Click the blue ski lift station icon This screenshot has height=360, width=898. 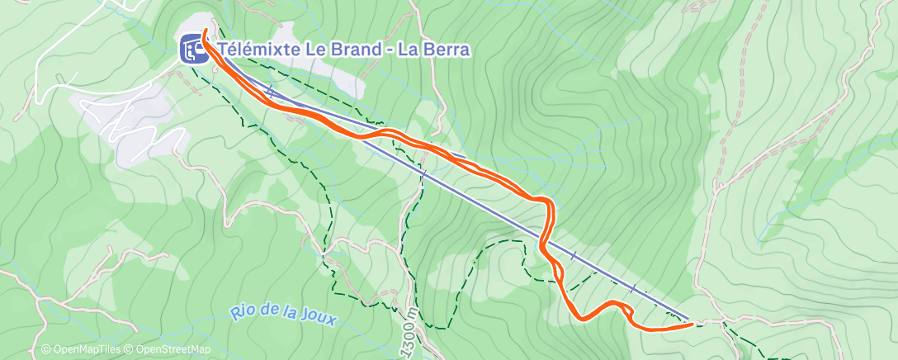[x=192, y=50]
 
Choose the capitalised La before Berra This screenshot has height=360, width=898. [x=408, y=50]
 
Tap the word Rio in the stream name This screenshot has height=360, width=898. [x=243, y=312]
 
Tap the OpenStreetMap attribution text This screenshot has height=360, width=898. [x=169, y=350]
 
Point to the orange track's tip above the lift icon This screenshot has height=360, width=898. [x=203, y=31]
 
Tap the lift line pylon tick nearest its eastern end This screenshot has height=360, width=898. [x=633, y=289]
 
